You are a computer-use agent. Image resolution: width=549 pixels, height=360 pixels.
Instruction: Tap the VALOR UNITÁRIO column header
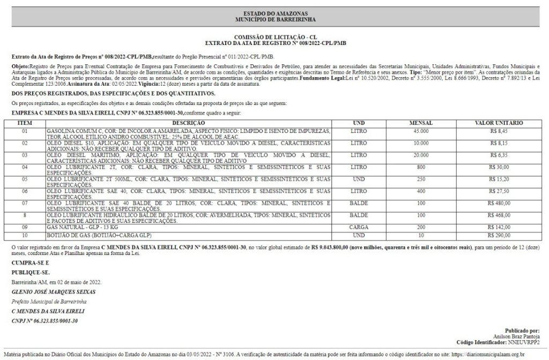[499, 123]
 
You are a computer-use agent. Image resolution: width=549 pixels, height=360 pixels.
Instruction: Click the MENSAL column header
[420, 123]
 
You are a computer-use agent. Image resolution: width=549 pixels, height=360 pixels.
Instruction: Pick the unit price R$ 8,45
[499, 131]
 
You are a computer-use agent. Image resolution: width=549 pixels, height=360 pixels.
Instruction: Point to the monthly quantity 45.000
[420, 131]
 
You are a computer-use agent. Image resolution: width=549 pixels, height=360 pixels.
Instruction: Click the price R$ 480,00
[499, 204]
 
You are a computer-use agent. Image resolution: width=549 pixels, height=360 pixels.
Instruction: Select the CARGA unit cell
[358, 227]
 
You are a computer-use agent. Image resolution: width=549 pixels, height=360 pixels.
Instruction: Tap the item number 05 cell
[25, 179]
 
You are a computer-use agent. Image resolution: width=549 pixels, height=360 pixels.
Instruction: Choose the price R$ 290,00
[499, 235]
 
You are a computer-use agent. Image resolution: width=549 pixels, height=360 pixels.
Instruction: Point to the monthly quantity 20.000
[420, 155]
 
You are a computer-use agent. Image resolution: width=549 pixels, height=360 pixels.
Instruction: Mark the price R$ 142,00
[499, 227]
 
